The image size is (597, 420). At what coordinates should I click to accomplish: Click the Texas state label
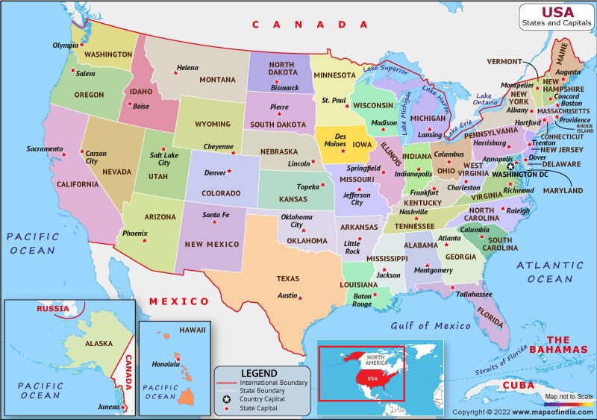point(288,278)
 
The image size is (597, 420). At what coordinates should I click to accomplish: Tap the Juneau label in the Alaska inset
point(108,407)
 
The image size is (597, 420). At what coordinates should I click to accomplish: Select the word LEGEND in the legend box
point(258,373)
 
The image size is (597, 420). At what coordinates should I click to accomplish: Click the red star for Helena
point(176,73)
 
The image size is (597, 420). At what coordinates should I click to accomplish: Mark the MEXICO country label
point(178,301)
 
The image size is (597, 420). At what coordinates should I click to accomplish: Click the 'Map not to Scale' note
point(569,396)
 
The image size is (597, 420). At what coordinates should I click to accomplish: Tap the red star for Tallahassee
point(453,286)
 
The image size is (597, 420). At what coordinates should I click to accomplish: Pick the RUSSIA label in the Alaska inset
point(53,308)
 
